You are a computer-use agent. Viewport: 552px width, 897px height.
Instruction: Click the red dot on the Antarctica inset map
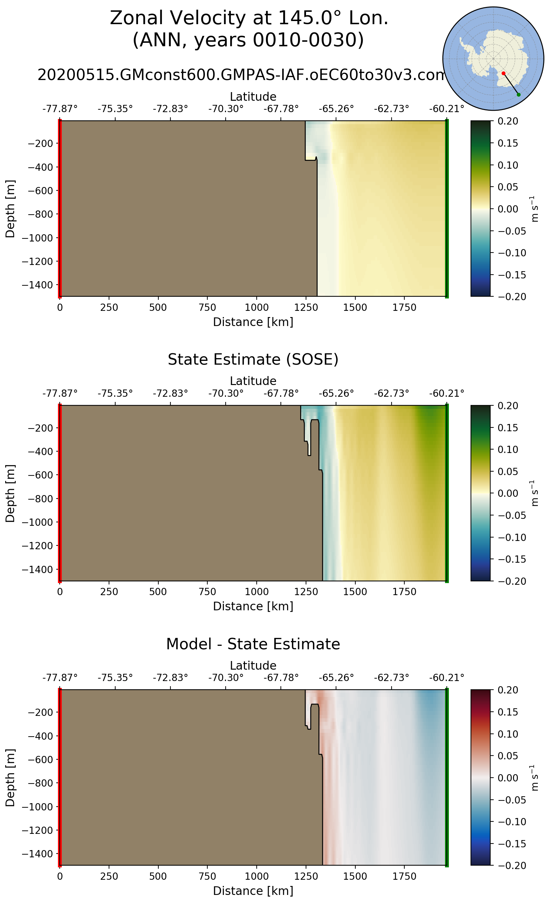coord(503,73)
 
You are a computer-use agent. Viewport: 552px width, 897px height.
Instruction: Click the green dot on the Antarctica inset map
coord(519,95)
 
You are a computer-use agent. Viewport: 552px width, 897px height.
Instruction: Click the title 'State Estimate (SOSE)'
coord(253,359)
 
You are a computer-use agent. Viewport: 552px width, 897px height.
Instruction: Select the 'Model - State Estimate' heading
coord(253,644)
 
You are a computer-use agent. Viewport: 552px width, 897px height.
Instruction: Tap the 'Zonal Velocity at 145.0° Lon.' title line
coord(249,18)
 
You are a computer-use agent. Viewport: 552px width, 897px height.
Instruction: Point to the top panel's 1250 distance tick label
coord(306,308)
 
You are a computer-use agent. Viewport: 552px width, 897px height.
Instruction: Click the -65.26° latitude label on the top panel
coord(336,109)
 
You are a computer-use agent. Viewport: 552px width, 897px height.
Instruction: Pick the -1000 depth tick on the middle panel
coord(38,522)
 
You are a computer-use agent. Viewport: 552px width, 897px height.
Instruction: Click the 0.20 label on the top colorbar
coord(508,121)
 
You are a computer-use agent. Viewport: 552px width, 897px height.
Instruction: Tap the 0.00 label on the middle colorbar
coord(508,493)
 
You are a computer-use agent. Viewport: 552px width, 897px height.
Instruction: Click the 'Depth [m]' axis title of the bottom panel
coord(10,778)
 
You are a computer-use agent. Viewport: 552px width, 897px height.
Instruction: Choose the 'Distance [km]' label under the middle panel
coord(253,607)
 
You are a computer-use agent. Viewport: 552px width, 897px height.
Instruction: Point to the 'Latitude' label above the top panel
coord(253,97)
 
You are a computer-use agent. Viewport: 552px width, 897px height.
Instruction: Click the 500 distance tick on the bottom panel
coord(158,877)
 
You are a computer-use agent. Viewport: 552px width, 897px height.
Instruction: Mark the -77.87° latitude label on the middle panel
coord(60,394)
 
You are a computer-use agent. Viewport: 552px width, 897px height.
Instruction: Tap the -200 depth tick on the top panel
coord(40,144)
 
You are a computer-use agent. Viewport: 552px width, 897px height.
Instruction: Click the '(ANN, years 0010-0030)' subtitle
coord(248,40)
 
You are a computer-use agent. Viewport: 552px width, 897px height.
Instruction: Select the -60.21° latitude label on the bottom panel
coord(446,678)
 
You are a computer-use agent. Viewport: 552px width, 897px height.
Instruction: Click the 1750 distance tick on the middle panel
coord(404,592)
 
